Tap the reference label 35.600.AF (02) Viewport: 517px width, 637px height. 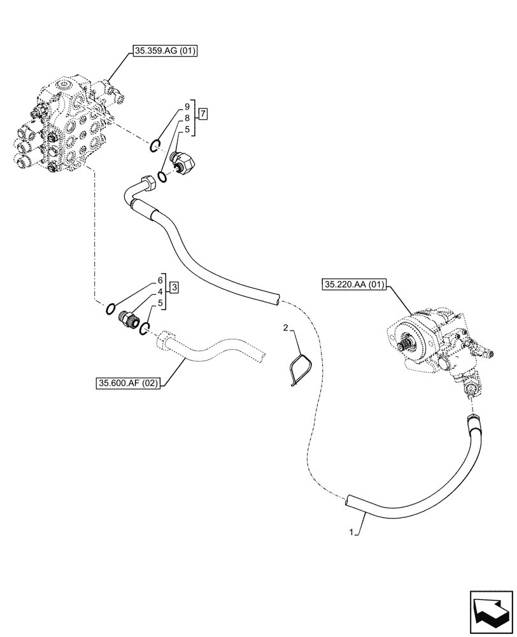point(128,383)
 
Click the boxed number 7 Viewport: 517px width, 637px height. point(202,114)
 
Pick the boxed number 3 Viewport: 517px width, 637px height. point(174,287)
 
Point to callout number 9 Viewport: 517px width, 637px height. point(187,106)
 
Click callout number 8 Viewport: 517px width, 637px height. point(187,118)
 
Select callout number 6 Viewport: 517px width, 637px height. point(160,280)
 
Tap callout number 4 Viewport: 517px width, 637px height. point(160,292)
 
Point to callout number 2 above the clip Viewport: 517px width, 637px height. point(286,327)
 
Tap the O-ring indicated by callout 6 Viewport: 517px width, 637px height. point(111,310)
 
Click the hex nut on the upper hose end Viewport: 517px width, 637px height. point(149,182)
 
